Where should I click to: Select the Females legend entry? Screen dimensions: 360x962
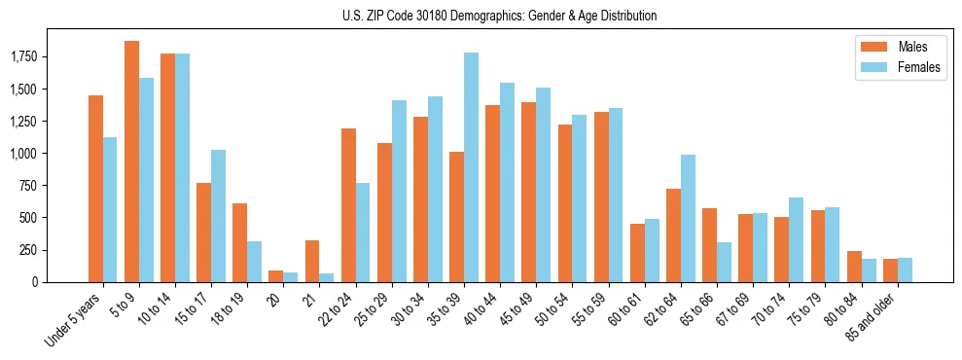tap(891, 68)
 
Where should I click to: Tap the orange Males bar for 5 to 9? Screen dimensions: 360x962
tap(131, 162)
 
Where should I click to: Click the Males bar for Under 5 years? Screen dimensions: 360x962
tap(95, 189)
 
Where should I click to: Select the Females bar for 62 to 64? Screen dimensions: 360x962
tap(688, 218)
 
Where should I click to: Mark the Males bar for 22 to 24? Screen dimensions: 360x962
tap(348, 205)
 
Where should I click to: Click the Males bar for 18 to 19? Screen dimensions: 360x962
tap(239, 242)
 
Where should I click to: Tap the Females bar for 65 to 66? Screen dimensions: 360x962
tap(724, 262)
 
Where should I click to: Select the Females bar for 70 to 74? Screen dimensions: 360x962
tap(796, 239)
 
